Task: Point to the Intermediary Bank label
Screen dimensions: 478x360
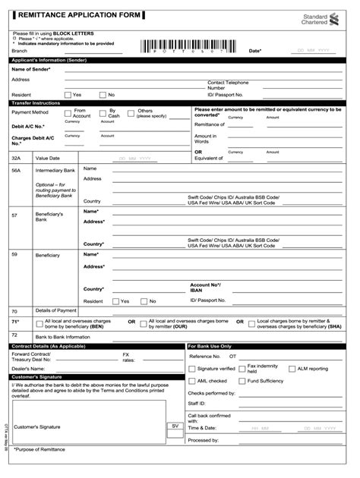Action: point(54,171)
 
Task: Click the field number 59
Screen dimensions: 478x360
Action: point(14,254)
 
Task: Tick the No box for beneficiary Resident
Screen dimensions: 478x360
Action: point(144,301)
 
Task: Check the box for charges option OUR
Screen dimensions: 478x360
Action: point(144,322)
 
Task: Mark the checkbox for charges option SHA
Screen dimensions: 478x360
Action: point(251,322)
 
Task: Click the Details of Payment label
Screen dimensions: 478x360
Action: point(55,310)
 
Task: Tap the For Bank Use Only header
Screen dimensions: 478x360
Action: point(210,346)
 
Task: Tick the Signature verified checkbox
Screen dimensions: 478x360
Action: point(192,369)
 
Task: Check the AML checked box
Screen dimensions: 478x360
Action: point(192,381)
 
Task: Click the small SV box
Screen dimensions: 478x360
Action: point(175,426)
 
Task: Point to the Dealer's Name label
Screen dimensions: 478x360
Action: point(28,368)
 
